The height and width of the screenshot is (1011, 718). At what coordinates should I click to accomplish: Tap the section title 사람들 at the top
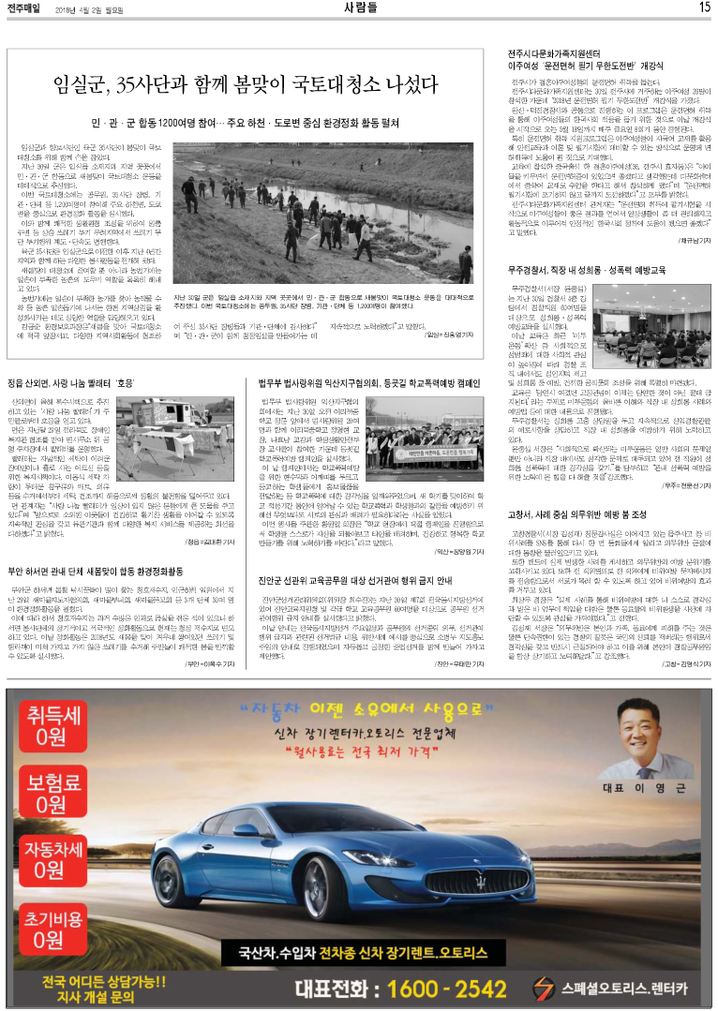tap(359, 7)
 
